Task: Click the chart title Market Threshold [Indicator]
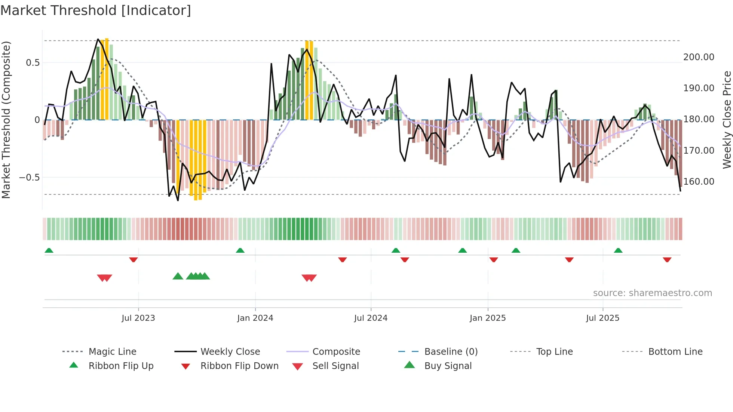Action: (96, 10)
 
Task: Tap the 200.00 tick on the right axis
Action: (699, 57)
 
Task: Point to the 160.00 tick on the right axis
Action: (699, 182)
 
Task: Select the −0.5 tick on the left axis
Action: (30, 178)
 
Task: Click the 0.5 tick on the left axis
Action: (33, 63)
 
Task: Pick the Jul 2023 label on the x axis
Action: (138, 318)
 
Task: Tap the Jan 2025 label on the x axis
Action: (487, 318)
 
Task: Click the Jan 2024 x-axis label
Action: (255, 318)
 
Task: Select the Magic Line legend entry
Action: (112, 352)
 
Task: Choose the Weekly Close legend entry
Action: (230, 352)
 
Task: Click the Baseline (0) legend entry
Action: (451, 352)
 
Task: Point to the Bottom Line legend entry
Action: (675, 352)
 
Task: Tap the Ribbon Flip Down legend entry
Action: (239, 366)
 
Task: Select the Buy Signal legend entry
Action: (448, 366)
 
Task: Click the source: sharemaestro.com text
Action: (652, 293)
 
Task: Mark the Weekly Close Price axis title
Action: (727, 120)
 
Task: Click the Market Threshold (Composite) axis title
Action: (6, 120)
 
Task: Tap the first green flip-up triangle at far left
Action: (49, 250)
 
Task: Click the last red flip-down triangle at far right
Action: (667, 259)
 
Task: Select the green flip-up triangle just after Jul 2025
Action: (618, 250)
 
